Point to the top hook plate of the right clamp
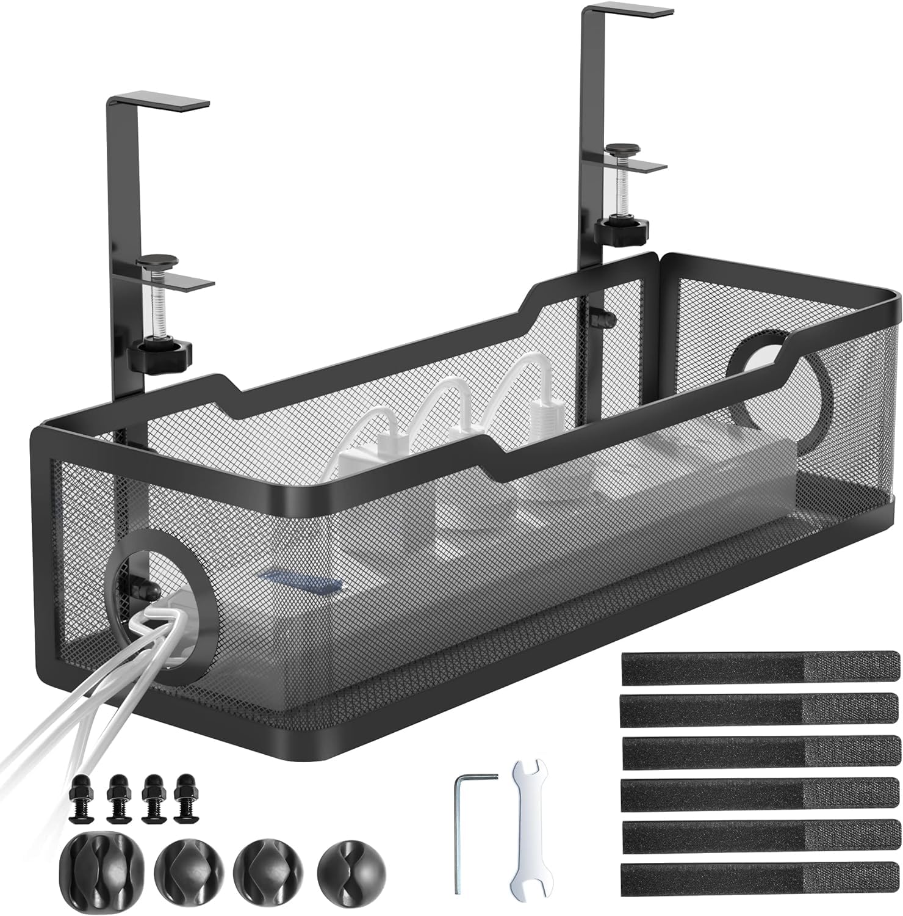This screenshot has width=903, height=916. tap(628, 12)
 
